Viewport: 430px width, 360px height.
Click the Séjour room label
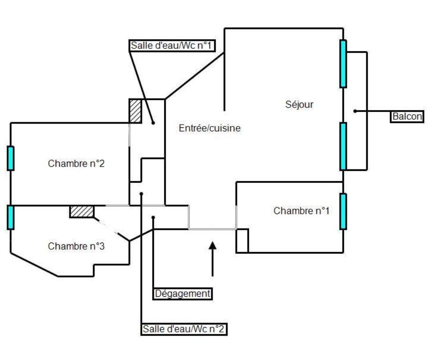click(x=299, y=105)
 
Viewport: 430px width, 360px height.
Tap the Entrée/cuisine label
click(x=209, y=128)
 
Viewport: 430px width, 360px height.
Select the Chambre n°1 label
click(x=301, y=210)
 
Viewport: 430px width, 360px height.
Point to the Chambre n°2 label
click(x=76, y=164)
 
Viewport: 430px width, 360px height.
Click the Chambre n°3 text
click(x=76, y=246)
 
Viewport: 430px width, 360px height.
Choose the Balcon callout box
click(x=407, y=117)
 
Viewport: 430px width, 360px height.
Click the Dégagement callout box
click(x=183, y=294)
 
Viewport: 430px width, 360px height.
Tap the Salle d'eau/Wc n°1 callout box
click(x=172, y=46)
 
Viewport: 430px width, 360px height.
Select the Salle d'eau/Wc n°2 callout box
click(x=184, y=329)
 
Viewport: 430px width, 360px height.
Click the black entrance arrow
click(x=213, y=259)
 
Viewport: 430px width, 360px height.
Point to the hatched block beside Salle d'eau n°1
click(x=135, y=111)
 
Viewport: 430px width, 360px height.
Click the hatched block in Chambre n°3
click(x=82, y=212)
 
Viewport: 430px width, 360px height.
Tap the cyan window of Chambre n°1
click(x=343, y=211)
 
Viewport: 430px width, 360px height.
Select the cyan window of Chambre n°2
click(x=10, y=159)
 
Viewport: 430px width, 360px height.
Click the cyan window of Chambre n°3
click(x=10, y=217)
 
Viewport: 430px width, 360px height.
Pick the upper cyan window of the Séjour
click(x=343, y=64)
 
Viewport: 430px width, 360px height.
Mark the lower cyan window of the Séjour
click(x=343, y=146)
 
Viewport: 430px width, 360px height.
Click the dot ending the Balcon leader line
click(x=355, y=111)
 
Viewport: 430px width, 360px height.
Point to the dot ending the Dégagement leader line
click(x=153, y=217)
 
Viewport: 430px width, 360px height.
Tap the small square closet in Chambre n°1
click(x=242, y=241)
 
